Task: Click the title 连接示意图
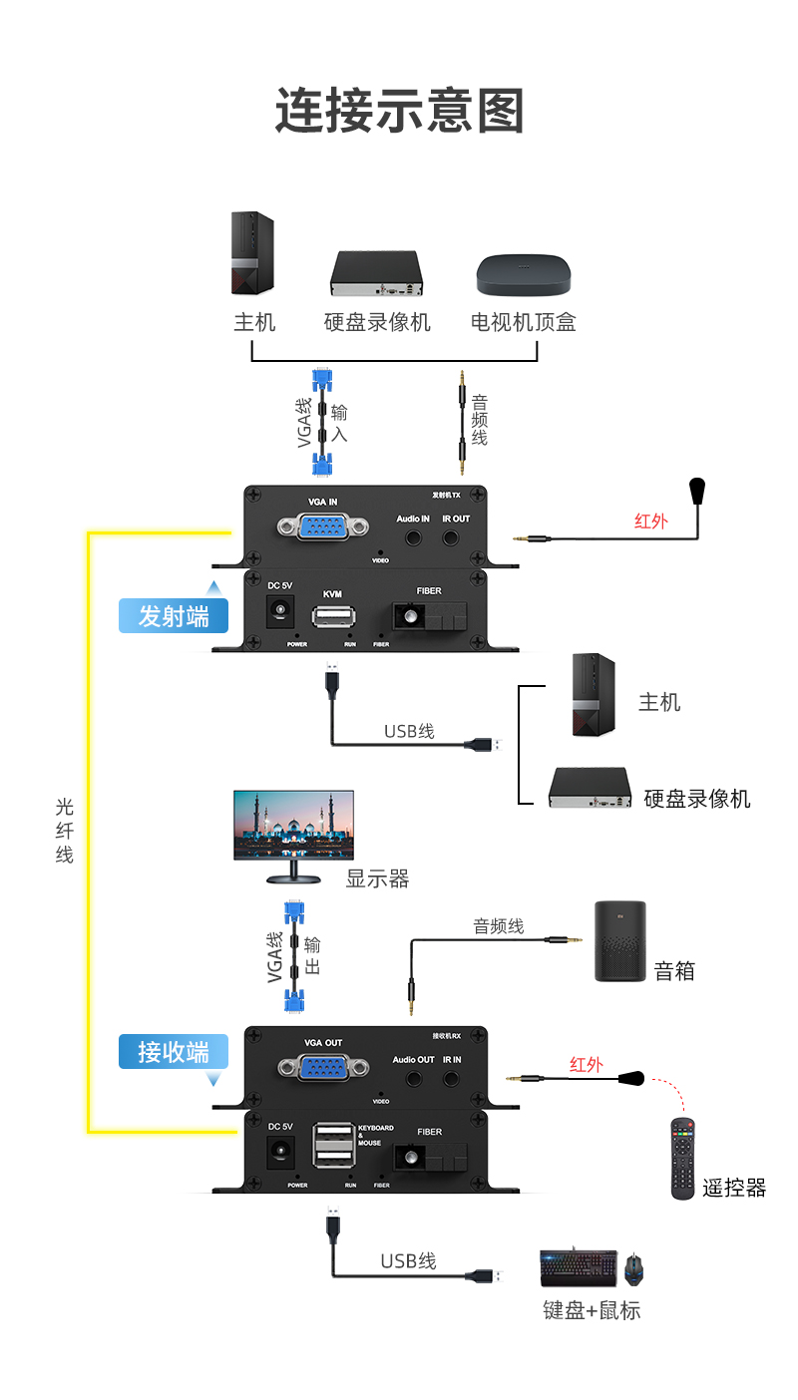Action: pyautogui.click(x=399, y=111)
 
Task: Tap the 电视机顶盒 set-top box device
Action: pyautogui.click(x=524, y=274)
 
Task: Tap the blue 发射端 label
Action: pyautogui.click(x=174, y=616)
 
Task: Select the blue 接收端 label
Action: pyautogui.click(x=174, y=1051)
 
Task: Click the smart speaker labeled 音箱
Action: pyautogui.click(x=619, y=941)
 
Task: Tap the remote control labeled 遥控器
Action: pyautogui.click(x=682, y=1158)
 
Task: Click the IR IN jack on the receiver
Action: pyautogui.click(x=452, y=1078)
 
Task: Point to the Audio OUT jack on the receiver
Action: pyautogui.click(x=413, y=1078)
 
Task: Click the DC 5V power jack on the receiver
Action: pyautogui.click(x=281, y=1153)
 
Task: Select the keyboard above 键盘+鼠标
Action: pyautogui.click(x=579, y=1268)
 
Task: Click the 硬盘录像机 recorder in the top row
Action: pyautogui.click(x=378, y=272)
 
